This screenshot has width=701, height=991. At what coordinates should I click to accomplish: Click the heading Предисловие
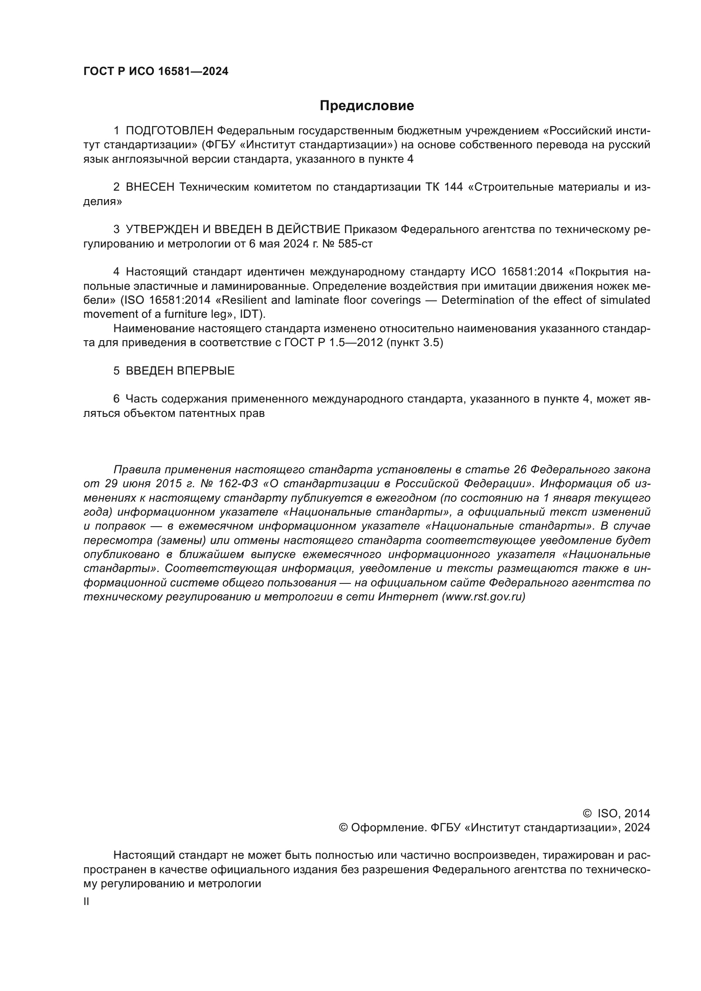pyautogui.click(x=367, y=106)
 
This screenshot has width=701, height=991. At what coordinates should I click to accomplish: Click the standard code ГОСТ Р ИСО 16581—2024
pyautogui.click(x=156, y=72)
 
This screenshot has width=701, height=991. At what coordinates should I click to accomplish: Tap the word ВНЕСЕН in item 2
pyautogui.click(x=150, y=187)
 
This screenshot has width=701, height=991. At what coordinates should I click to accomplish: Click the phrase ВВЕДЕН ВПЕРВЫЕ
pyautogui.click(x=180, y=371)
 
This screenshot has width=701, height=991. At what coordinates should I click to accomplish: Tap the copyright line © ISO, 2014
pyautogui.click(x=616, y=813)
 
